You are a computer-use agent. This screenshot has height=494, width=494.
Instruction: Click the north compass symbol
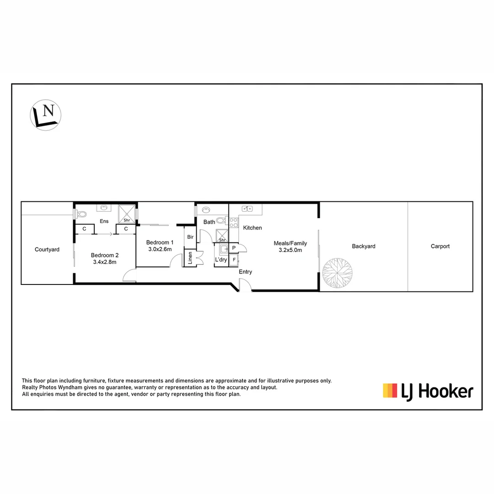[x=46, y=114]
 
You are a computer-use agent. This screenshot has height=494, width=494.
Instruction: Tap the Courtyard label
[x=47, y=250]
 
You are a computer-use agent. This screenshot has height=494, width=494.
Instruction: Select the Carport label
[x=440, y=246]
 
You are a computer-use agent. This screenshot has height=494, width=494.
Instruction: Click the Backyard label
[x=364, y=246]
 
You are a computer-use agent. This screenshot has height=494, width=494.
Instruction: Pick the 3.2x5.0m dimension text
[x=290, y=250]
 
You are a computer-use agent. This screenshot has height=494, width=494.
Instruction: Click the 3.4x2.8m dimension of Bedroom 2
[x=105, y=262]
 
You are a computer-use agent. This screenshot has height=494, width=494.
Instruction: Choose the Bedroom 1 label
[x=160, y=242]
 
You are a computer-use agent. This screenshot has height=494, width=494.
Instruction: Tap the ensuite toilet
[x=81, y=214]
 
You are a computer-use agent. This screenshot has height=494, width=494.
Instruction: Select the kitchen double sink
[x=247, y=209]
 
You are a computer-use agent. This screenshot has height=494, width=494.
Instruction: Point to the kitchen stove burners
[x=234, y=223]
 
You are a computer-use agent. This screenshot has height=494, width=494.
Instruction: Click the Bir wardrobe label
[x=190, y=237]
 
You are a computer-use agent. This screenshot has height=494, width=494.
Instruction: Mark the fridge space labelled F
[x=234, y=260]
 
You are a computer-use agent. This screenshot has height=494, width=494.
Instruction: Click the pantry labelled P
[x=234, y=248]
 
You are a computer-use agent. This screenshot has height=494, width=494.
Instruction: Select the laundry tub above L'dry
[x=224, y=249]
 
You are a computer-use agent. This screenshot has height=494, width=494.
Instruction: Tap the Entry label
[x=245, y=272]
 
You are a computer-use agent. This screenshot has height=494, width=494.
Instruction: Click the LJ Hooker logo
[x=428, y=391]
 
